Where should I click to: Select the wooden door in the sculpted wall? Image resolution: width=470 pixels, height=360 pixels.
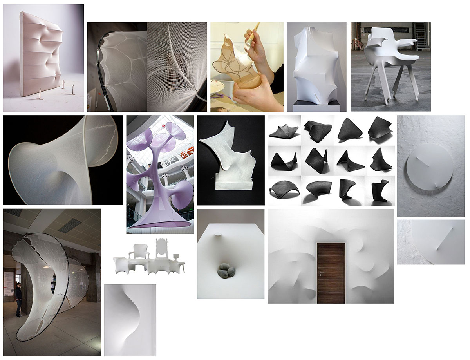(331, 273)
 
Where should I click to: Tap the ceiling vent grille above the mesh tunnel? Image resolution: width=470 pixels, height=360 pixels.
(70, 225)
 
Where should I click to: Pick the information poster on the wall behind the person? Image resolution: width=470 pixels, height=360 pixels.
(7, 280)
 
